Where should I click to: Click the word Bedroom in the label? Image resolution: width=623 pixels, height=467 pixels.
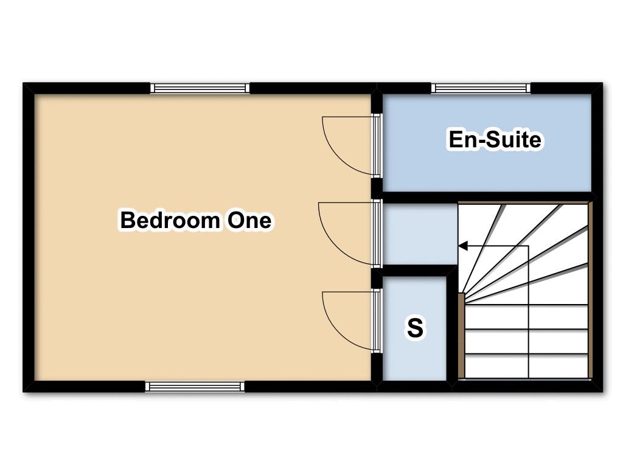pos(170,220)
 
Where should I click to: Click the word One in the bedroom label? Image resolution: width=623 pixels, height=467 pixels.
pos(249,220)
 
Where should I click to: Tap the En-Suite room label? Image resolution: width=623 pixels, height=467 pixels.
pos(495,139)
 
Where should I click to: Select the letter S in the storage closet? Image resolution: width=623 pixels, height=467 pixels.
pos(415,328)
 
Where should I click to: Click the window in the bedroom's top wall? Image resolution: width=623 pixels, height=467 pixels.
pos(200,88)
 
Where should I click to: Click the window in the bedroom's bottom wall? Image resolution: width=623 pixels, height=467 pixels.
pos(195,386)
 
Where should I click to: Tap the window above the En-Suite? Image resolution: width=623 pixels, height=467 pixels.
pos(481,88)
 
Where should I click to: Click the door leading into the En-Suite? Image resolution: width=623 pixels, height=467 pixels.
pos(376,145)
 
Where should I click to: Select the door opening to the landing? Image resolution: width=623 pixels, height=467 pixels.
pos(376,233)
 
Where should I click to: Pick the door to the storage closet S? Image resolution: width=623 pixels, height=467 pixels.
pos(376,320)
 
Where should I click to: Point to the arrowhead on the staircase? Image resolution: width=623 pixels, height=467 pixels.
pos(463,246)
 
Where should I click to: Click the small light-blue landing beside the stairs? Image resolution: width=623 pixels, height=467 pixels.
pos(420,234)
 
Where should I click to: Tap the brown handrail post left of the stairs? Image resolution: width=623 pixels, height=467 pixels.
pos(461,336)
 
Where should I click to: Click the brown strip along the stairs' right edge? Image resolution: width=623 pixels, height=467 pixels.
pos(590,290)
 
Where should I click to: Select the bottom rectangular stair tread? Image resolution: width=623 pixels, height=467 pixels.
pos(526,365)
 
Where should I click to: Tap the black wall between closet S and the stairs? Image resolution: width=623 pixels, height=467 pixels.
pos(452,327)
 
